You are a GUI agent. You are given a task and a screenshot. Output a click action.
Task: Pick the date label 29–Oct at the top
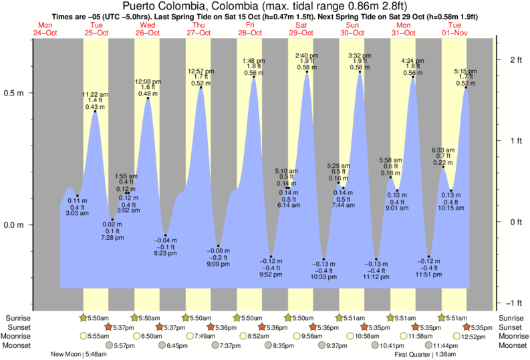pyautogui.click(x=301, y=32)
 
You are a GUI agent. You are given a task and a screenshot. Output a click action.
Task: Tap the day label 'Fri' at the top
pyautogui.click(x=249, y=25)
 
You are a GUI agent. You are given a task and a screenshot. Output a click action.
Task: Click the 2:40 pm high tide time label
pyautogui.click(x=307, y=55)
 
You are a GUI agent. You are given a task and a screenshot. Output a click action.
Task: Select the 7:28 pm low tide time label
pyautogui.click(x=113, y=237)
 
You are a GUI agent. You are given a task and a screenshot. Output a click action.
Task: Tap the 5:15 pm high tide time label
pyautogui.click(x=466, y=71)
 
